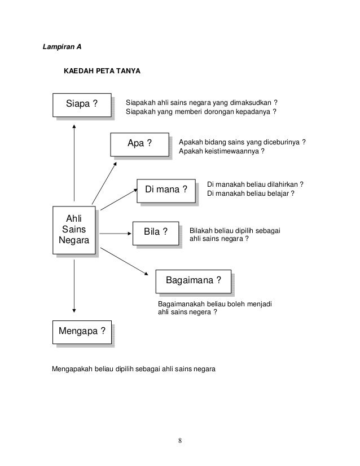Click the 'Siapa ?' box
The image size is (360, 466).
tap(81, 104)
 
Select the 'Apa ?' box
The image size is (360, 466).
tap(139, 143)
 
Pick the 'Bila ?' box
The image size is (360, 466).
tap(156, 231)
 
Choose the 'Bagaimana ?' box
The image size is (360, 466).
tap(193, 280)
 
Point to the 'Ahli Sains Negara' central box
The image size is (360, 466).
tap(73, 231)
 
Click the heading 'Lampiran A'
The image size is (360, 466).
tap(63, 46)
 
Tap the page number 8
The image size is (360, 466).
tap(180, 440)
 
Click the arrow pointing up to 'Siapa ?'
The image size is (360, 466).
tap(74, 164)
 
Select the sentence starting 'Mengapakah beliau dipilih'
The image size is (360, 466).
tap(134, 370)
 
